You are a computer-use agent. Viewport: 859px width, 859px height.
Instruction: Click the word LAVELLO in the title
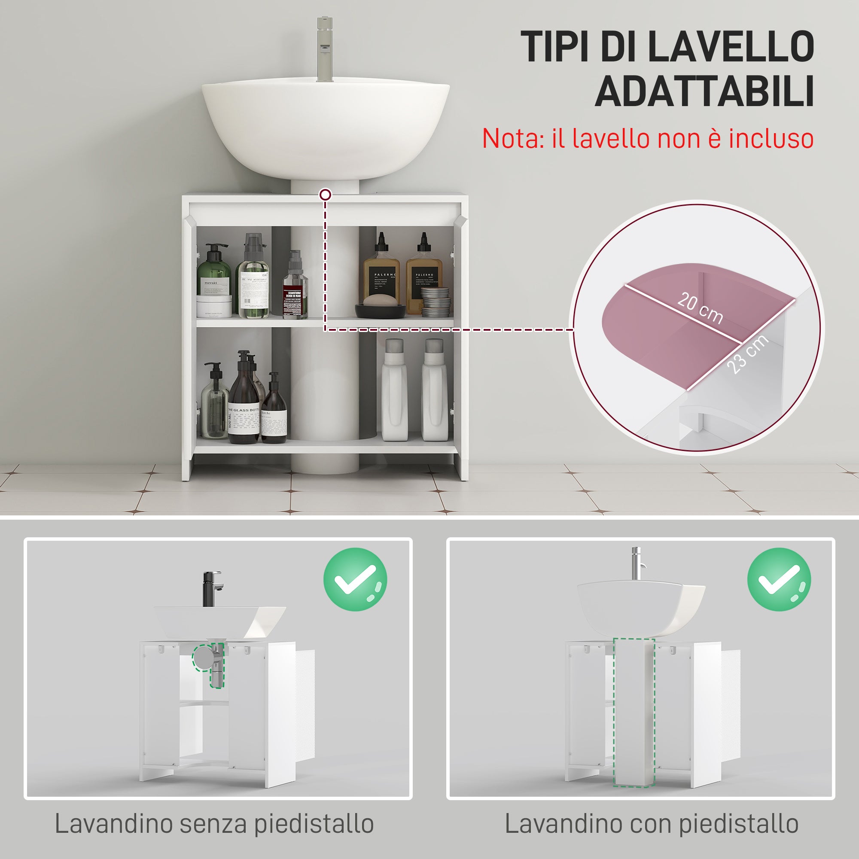coord(730,47)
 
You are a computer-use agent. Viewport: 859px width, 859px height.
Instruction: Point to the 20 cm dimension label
coord(700,308)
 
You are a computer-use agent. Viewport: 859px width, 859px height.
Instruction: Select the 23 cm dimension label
coord(748,354)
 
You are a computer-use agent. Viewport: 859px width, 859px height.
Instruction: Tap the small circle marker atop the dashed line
coord(326,194)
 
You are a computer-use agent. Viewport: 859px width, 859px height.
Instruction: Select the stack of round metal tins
coord(435,302)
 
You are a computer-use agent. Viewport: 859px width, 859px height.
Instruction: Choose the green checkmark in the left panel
coord(355,579)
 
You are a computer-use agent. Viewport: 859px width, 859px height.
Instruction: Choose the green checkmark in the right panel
coord(779,579)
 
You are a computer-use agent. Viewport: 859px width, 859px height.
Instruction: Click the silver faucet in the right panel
coord(637,564)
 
